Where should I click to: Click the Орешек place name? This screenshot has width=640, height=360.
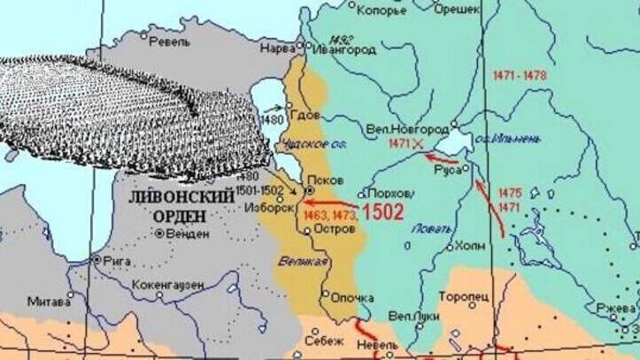pyautogui.click(x=458, y=8)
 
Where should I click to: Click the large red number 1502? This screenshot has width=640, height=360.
pyautogui.click(x=382, y=212)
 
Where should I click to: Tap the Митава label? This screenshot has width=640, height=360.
pyautogui.click(x=50, y=301)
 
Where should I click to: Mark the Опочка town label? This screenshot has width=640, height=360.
pyautogui.click(x=351, y=298)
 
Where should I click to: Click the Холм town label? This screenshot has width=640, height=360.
pyautogui.click(x=470, y=246)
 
